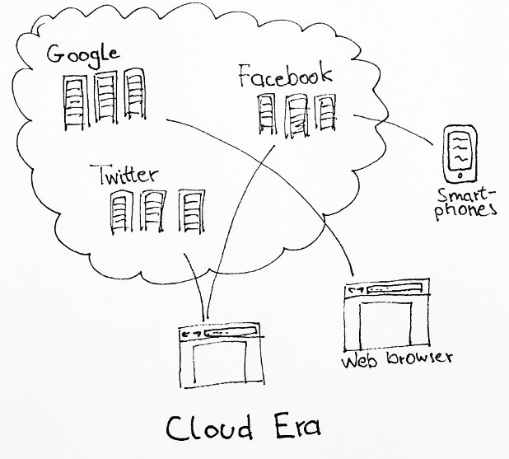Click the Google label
click(x=84, y=56)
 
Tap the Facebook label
click(x=285, y=78)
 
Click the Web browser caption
click(x=397, y=359)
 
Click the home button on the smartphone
click(x=460, y=176)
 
